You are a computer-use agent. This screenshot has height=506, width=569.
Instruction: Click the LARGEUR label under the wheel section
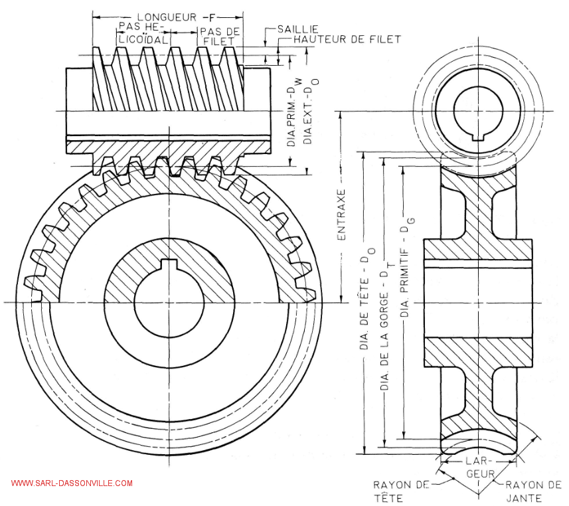click(479, 467)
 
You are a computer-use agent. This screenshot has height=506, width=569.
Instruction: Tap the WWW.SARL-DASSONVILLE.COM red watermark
click(72, 483)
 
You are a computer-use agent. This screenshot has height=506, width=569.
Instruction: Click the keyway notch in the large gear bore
click(169, 268)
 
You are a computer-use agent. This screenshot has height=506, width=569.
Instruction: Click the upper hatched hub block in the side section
click(478, 248)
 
